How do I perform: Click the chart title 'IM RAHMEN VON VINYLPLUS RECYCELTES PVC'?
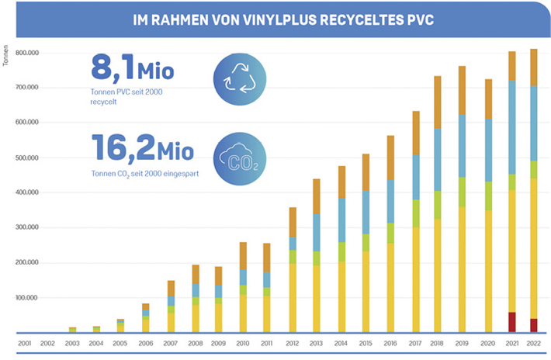click(x=275, y=19)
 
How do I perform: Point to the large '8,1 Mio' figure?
click(x=132, y=72)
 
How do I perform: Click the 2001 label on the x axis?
click(x=24, y=342)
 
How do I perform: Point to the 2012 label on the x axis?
click(x=292, y=342)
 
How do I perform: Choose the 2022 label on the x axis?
click(x=535, y=342)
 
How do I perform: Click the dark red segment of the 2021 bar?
click(x=511, y=322)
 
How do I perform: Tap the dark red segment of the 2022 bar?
click(x=535, y=325)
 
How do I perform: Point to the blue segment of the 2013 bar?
click(x=316, y=232)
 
